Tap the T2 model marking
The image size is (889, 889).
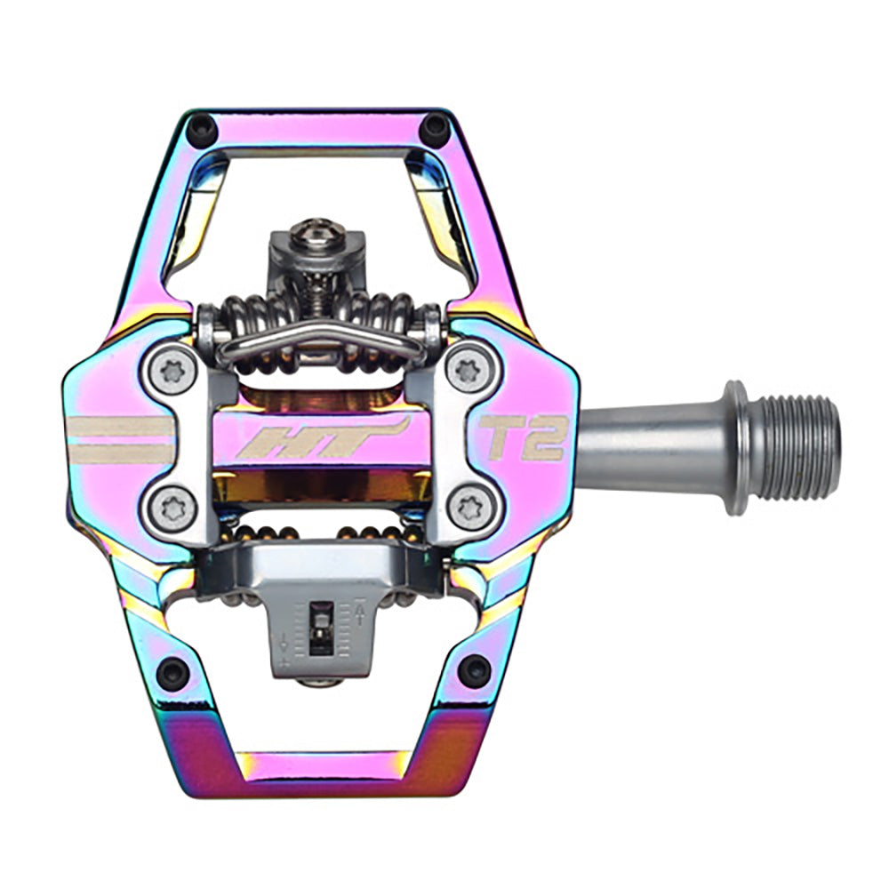[525, 437]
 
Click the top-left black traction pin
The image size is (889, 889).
[202, 131]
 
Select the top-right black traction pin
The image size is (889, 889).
[436, 131]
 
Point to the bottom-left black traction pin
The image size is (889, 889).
[172, 671]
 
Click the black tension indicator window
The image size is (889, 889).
[320, 627]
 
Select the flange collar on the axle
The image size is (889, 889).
[734, 446]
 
